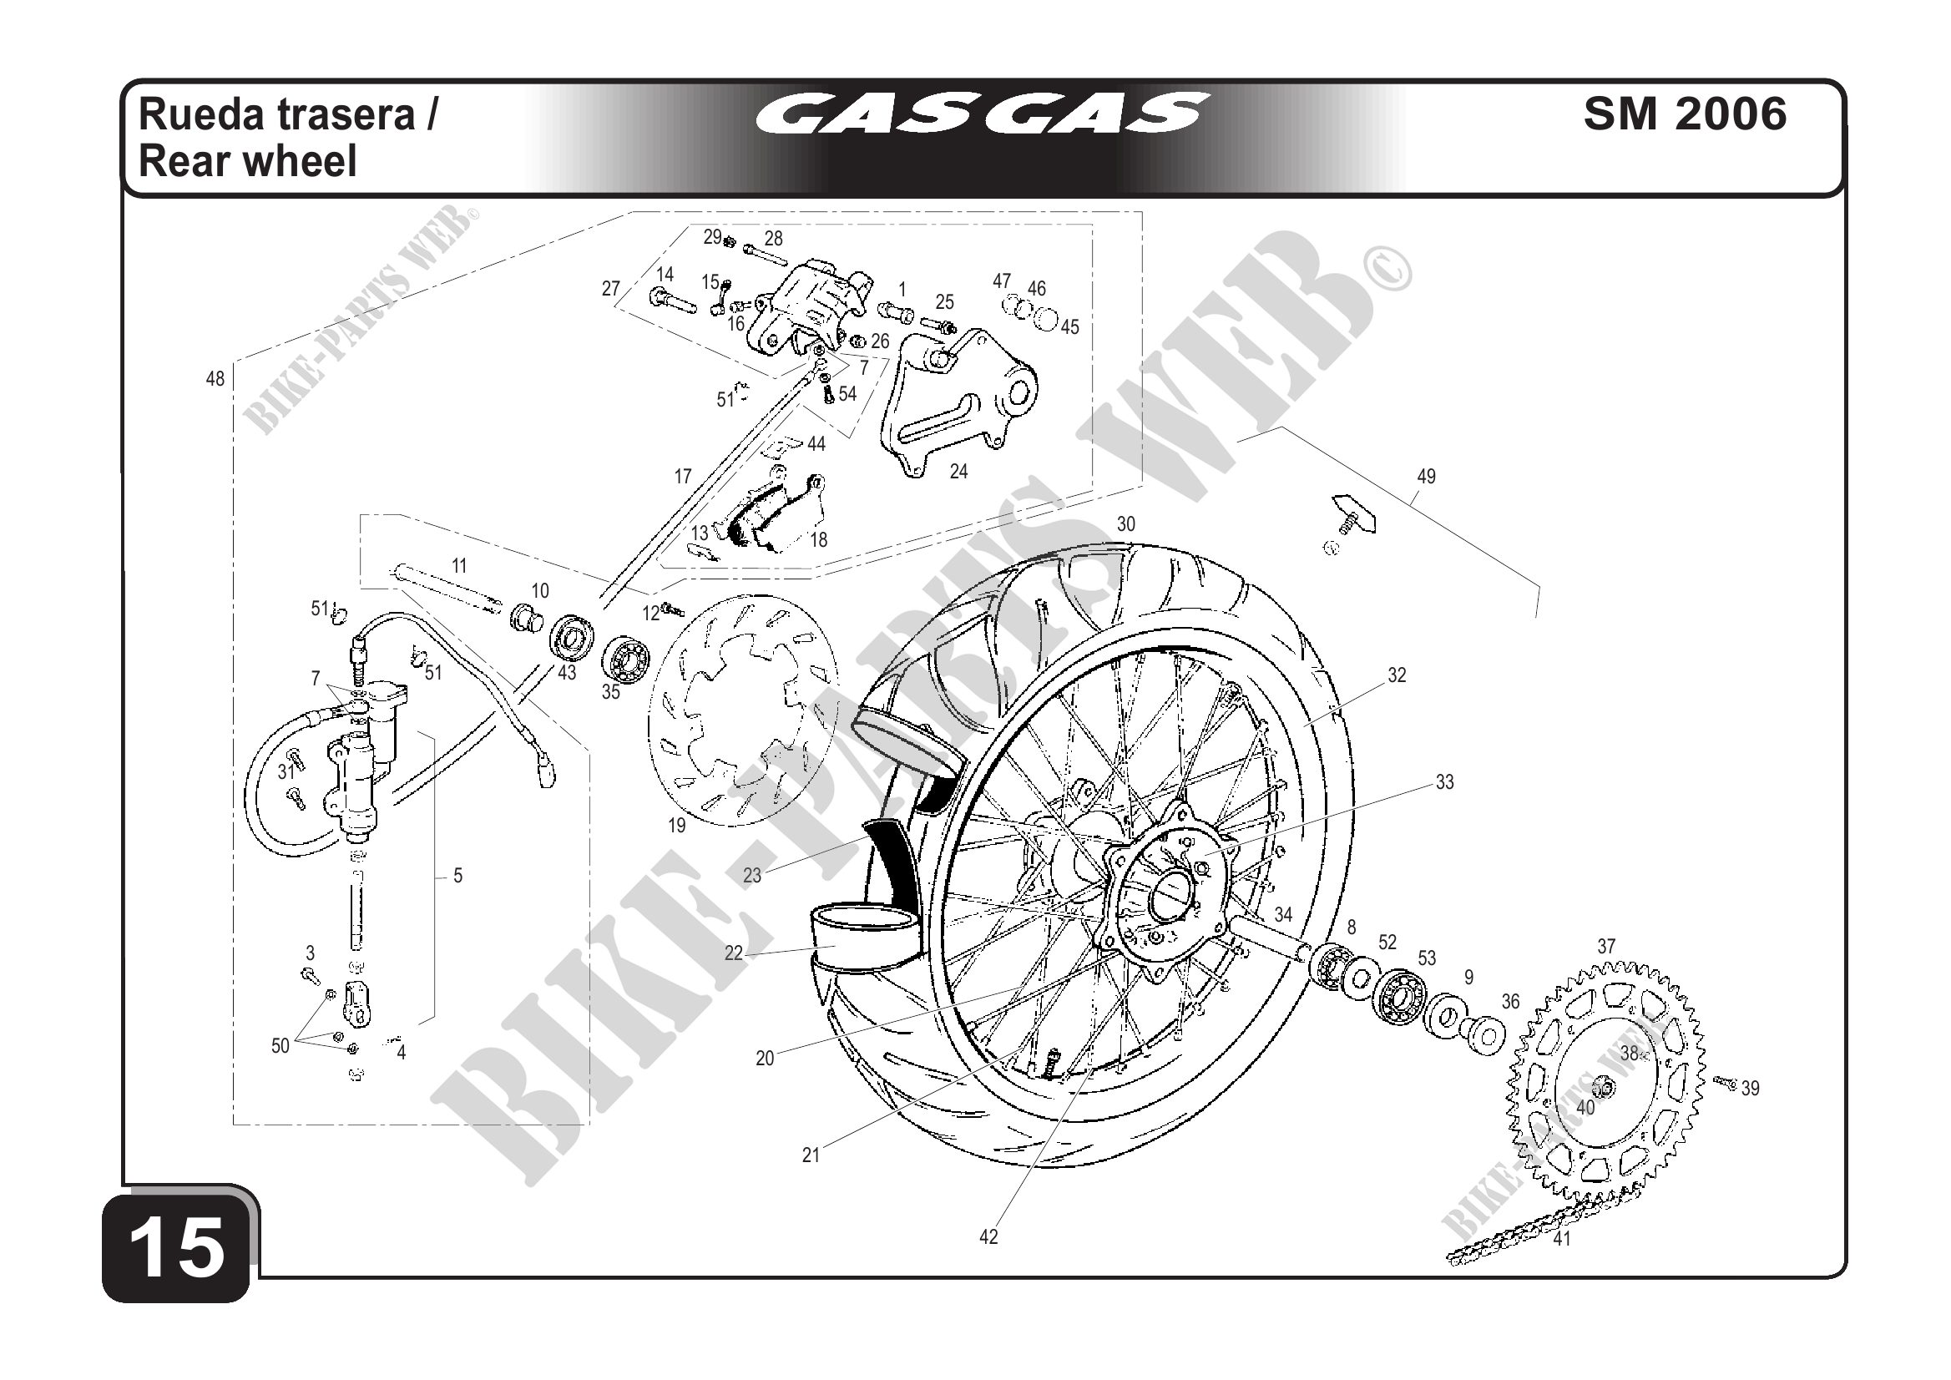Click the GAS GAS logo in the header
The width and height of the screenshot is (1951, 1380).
(981, 114)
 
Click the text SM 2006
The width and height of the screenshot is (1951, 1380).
(1684, 114)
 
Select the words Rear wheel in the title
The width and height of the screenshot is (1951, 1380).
(247, 160)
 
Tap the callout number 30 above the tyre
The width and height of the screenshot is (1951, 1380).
(1125, 524)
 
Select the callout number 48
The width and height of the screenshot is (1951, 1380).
(215, 379)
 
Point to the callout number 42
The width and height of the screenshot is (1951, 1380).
(988, 1237)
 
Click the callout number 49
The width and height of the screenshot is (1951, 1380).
(1426, 477)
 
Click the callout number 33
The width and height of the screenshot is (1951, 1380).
(1444, 781)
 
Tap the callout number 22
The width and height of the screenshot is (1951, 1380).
(733, 953)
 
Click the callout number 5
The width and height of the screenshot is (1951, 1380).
(457, 875)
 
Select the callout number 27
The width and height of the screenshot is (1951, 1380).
(610, 289)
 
